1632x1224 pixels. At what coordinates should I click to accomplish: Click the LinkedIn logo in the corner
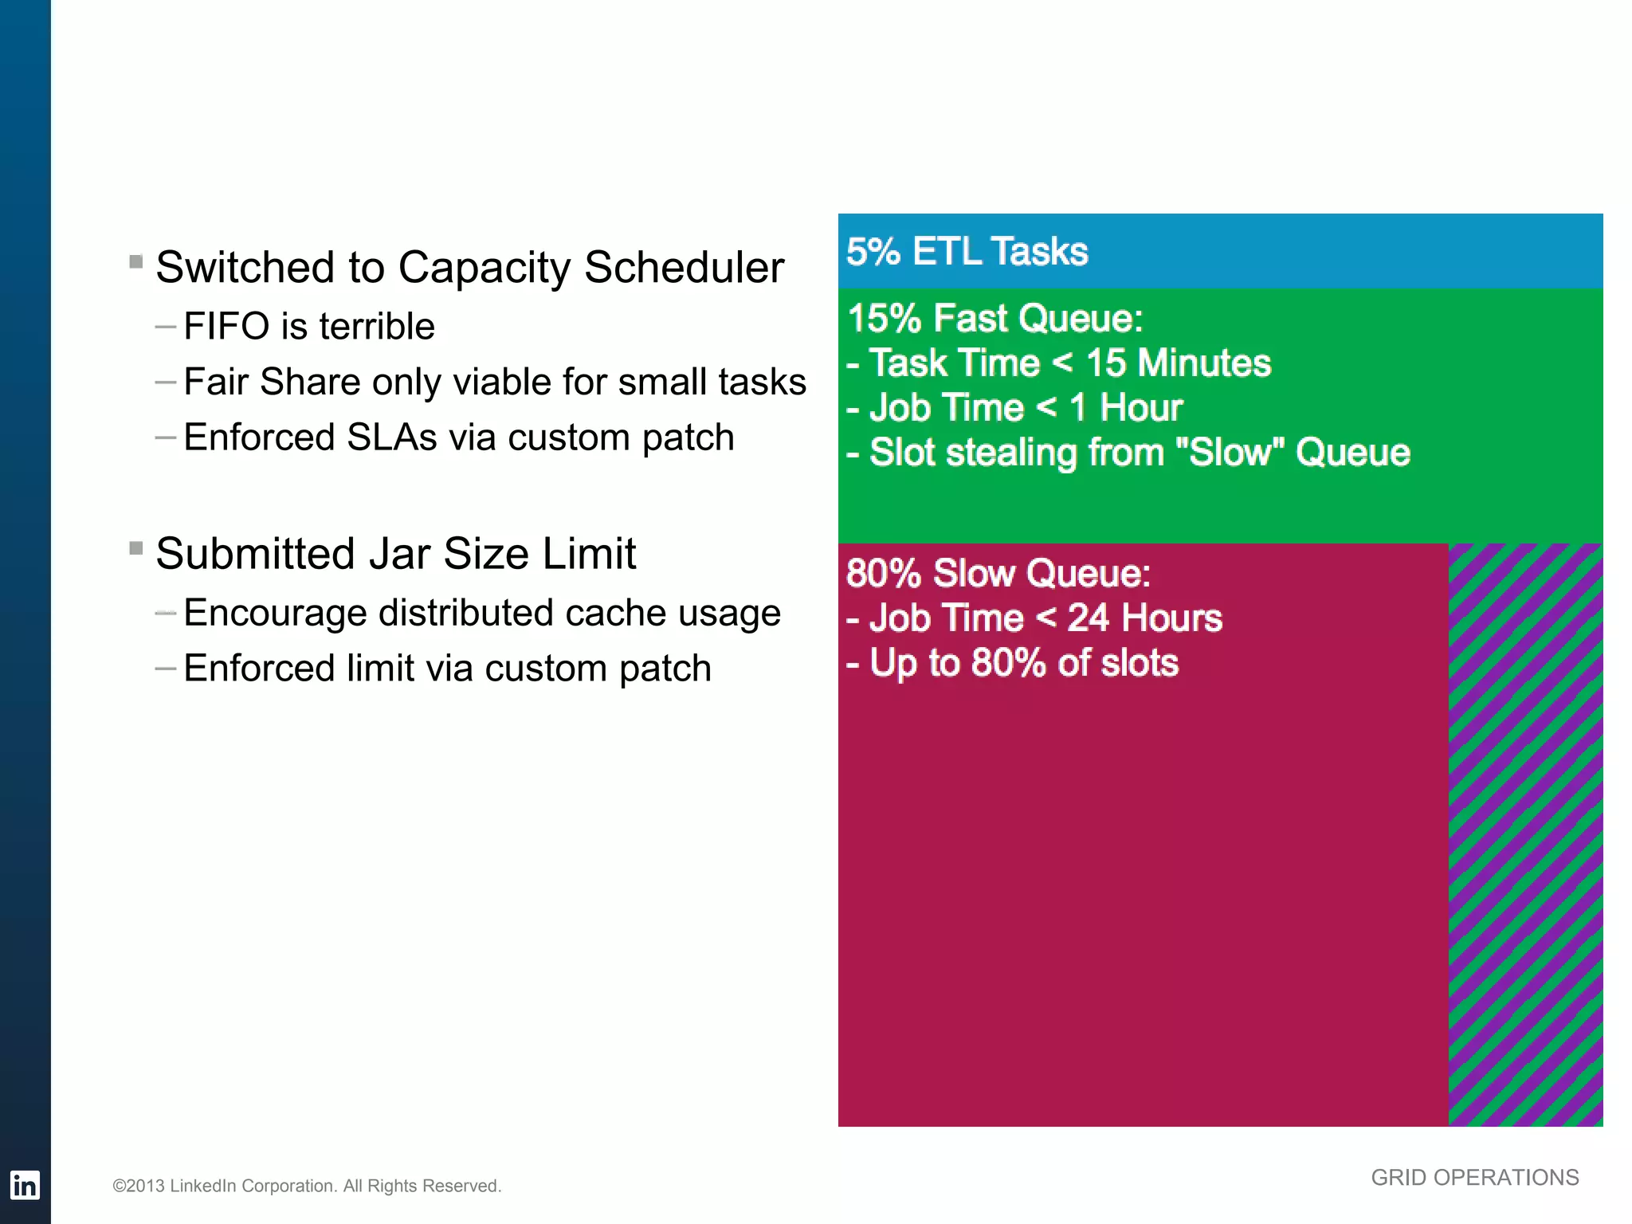(x=24, y=1185)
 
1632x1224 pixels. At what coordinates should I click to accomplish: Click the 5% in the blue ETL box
(x=873, y=252)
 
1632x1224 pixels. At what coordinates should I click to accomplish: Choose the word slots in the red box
(x=1140, y=663)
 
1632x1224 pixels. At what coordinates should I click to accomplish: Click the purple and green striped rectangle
(x=1524, y=834)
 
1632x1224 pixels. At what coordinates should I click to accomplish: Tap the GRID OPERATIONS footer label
(x=1474, y=1178)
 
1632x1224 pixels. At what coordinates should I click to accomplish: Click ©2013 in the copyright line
(x=139, y=1186)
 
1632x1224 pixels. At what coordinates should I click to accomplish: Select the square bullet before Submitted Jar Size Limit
(x=136, y=547)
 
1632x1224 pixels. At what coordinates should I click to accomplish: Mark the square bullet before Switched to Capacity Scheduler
(x=136, y=261)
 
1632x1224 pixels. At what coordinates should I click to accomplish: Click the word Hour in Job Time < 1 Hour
(x=1141, y=408)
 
